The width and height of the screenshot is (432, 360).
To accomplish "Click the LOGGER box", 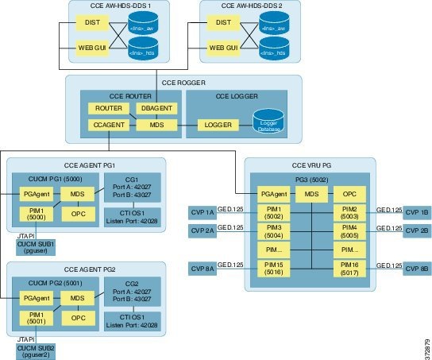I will [x=217, y=125].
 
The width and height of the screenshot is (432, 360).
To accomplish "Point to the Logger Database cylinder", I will [x=268, y=123].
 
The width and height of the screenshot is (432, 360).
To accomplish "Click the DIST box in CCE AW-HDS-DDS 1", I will [x=91, y=25].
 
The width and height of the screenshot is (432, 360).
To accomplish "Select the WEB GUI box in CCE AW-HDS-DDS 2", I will [x=226, y=48].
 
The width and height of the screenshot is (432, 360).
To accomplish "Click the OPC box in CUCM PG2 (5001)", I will [x=78, y=318].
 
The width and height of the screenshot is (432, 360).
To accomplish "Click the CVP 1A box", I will [x=202, y=212].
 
